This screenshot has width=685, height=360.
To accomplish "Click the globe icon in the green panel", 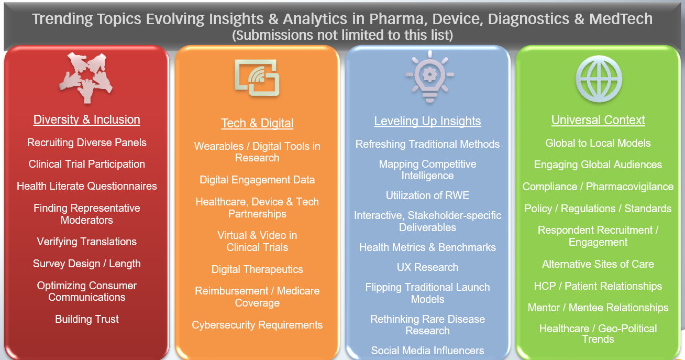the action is (x=599, y=79).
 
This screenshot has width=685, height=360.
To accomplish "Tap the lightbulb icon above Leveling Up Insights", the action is (x=429, y=77).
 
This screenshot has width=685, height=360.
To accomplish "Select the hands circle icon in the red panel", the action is (x=86, y=78).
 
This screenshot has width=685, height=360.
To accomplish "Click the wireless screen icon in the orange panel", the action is (x=257, y=78).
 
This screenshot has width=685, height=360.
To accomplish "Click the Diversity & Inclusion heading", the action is (x=87, y=119).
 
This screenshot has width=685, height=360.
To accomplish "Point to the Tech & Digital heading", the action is (x=257, y=123).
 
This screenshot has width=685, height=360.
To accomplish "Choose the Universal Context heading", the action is (x=598, y=120).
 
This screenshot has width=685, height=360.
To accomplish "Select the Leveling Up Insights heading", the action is (x=427, y=121).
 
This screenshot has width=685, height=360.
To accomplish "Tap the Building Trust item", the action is (x=87, y=319).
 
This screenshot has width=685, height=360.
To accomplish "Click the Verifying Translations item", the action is (x=87, y=242).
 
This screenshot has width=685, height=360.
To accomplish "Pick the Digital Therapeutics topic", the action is (x=257, y=269).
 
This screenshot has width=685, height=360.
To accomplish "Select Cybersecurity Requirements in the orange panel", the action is (x=257, y=325).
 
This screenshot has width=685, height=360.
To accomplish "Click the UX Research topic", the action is (x=427, y=267).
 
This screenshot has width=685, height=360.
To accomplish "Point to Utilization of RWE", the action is (x=427, y=195).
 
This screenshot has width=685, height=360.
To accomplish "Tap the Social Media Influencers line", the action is (x=427, y=351).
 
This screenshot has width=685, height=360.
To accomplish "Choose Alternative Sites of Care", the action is (x=598, y=264).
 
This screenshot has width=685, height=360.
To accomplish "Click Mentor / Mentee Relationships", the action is (x=598, y=308).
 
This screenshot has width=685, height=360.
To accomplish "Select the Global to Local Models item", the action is (x=598, y=143).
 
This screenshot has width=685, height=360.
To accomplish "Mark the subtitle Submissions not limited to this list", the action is (x=342, y=35).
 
